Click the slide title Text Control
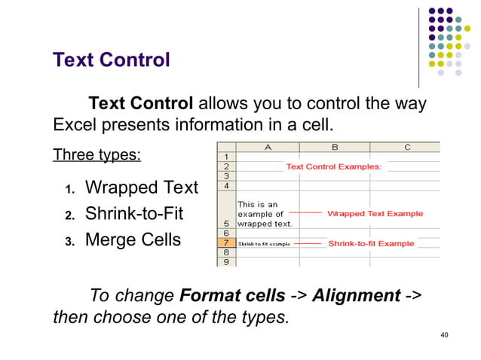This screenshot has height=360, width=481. coord(112,59)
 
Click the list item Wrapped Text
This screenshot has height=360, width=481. coord(141,188)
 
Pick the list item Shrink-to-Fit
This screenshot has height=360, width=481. coord(133,214)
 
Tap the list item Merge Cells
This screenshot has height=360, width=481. coord(133,240)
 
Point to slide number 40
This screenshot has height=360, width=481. coord(444,334)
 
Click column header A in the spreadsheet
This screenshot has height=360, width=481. coord(268,147)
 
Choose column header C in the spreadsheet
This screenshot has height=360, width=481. coord(407,147)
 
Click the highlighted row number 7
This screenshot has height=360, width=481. coord(226,243)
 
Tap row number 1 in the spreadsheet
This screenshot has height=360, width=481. coord(226,157)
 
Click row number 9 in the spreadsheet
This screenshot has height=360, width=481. coord(226,262)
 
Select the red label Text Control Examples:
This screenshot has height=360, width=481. coord(333,166)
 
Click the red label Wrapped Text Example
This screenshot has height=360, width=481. coord(375,214)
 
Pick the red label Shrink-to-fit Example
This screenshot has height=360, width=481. coord(371,243)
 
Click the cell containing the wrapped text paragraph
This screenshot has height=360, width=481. coord(266,214)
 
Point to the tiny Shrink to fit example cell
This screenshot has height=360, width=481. coord(264,244)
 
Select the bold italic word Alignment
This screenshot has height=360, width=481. coord(356,295)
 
